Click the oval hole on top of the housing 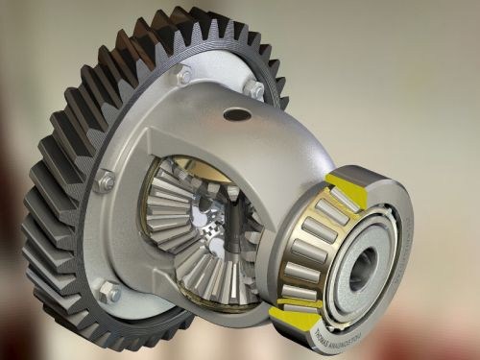235,114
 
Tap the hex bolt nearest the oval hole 254,88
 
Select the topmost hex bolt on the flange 182,74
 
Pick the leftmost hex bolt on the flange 105,180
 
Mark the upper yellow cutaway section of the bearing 344,182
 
